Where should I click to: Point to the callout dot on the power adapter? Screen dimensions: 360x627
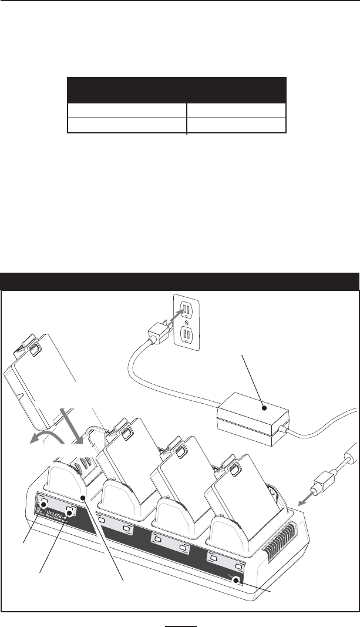tap(264, 407)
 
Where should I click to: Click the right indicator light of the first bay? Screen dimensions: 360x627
tap(71, 511)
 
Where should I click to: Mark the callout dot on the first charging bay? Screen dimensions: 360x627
tap(85, 498)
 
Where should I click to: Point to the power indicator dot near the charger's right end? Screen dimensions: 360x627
tap(237, 581)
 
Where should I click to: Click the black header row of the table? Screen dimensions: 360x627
tap(177, 90)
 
